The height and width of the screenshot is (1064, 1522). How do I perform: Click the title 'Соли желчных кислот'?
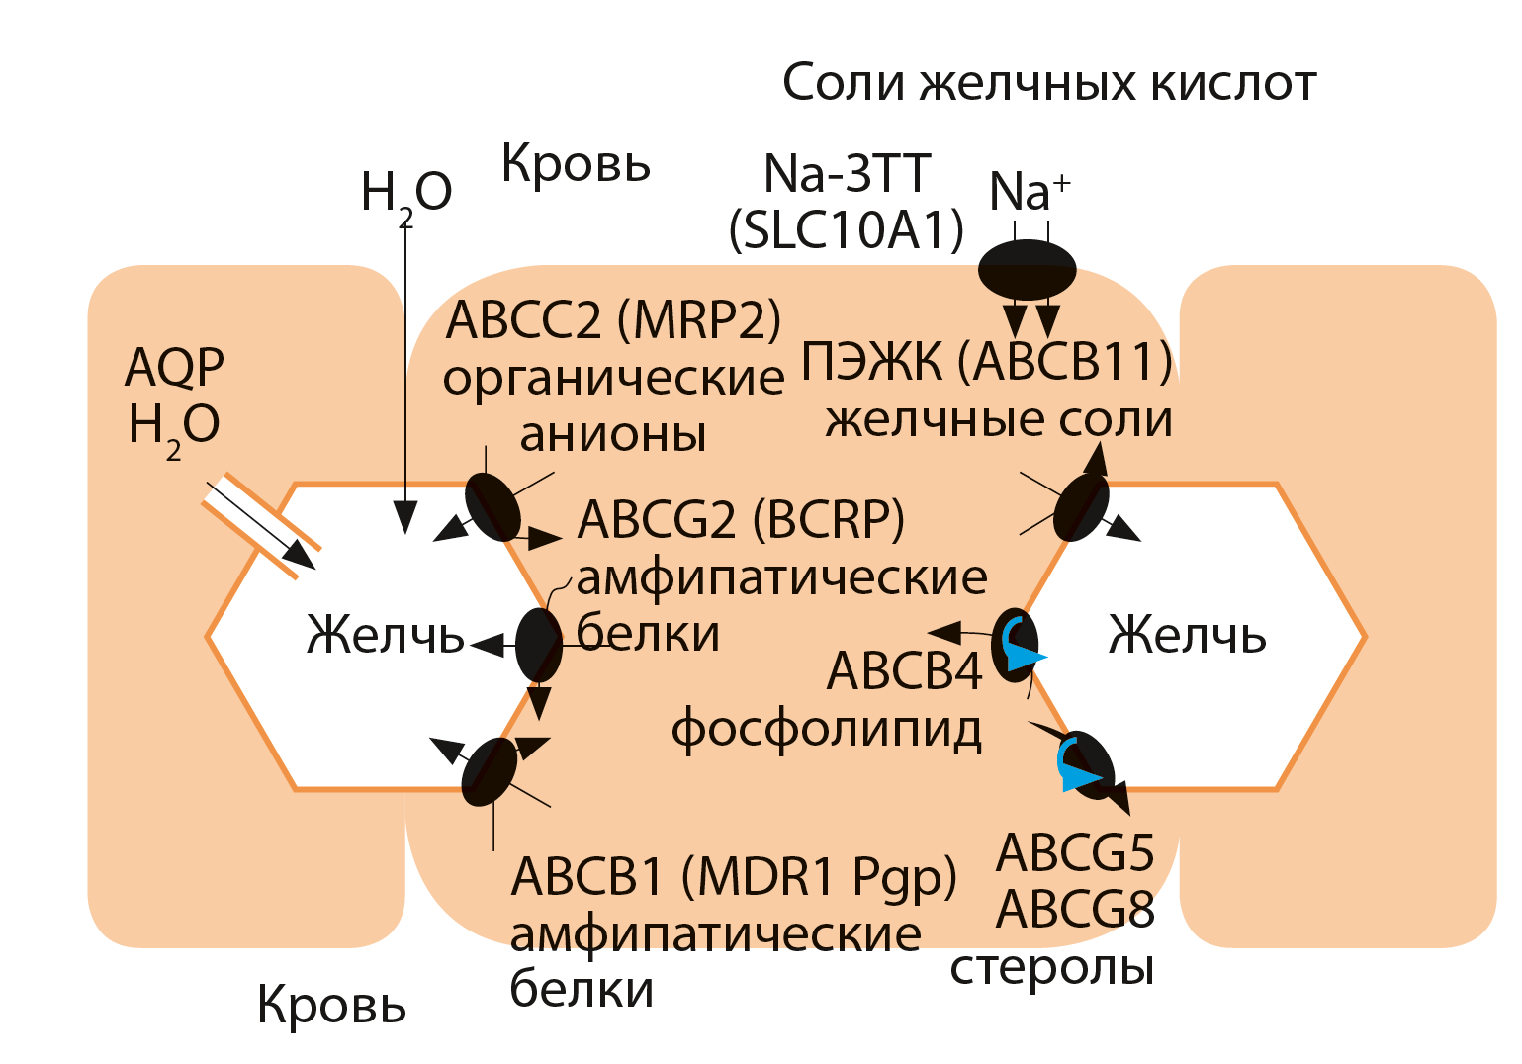[x=1048, y=83]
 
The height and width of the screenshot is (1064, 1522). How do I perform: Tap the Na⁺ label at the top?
[x=1028, y=191]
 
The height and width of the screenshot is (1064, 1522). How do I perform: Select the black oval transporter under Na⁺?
[x=1028, y=269]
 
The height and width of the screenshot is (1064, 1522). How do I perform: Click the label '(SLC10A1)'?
[x=847, y=230]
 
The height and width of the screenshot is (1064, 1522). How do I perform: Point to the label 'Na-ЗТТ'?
[x=847, y=174]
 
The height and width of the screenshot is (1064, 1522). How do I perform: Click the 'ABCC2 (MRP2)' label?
[x=613, y=319]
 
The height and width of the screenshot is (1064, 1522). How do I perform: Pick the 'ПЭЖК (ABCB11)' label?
[x=986, y=361]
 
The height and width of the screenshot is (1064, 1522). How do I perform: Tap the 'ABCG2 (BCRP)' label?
[x=741, y=519]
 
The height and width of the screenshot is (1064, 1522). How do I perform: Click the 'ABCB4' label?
[x=904, y=671]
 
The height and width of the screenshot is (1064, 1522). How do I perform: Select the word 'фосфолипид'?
[x=827, y=730]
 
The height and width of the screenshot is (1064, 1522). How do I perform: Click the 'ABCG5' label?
[x=1075, y=852]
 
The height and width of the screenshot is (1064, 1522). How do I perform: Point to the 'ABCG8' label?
[x=1075, y=909]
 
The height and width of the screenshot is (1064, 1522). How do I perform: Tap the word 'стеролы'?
[x=1052, y=967]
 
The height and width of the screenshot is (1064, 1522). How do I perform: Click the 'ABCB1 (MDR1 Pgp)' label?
[x=734, y=876]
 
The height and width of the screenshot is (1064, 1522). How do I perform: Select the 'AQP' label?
[x=175, y=367]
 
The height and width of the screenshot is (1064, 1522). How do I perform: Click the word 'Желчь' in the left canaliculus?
[x=386, y=635]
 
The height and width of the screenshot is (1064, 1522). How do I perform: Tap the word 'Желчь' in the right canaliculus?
[x=1187, y=635]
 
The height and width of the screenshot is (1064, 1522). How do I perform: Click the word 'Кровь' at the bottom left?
[x=331, y=1005]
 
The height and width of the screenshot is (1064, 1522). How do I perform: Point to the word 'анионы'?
[x=613, y=434]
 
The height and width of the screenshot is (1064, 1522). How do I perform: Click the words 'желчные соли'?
[x=999, y=419]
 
